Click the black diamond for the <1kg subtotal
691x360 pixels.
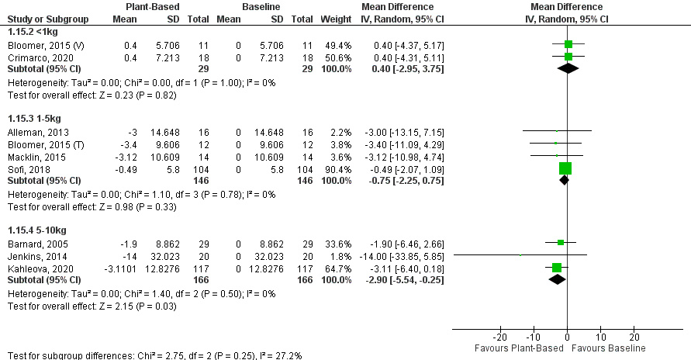[568, 68]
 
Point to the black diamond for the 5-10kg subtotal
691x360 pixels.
[558, 279]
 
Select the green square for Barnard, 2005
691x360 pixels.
[561, 243]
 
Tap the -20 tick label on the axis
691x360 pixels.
[500, 337]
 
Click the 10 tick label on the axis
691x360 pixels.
[601, 337]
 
